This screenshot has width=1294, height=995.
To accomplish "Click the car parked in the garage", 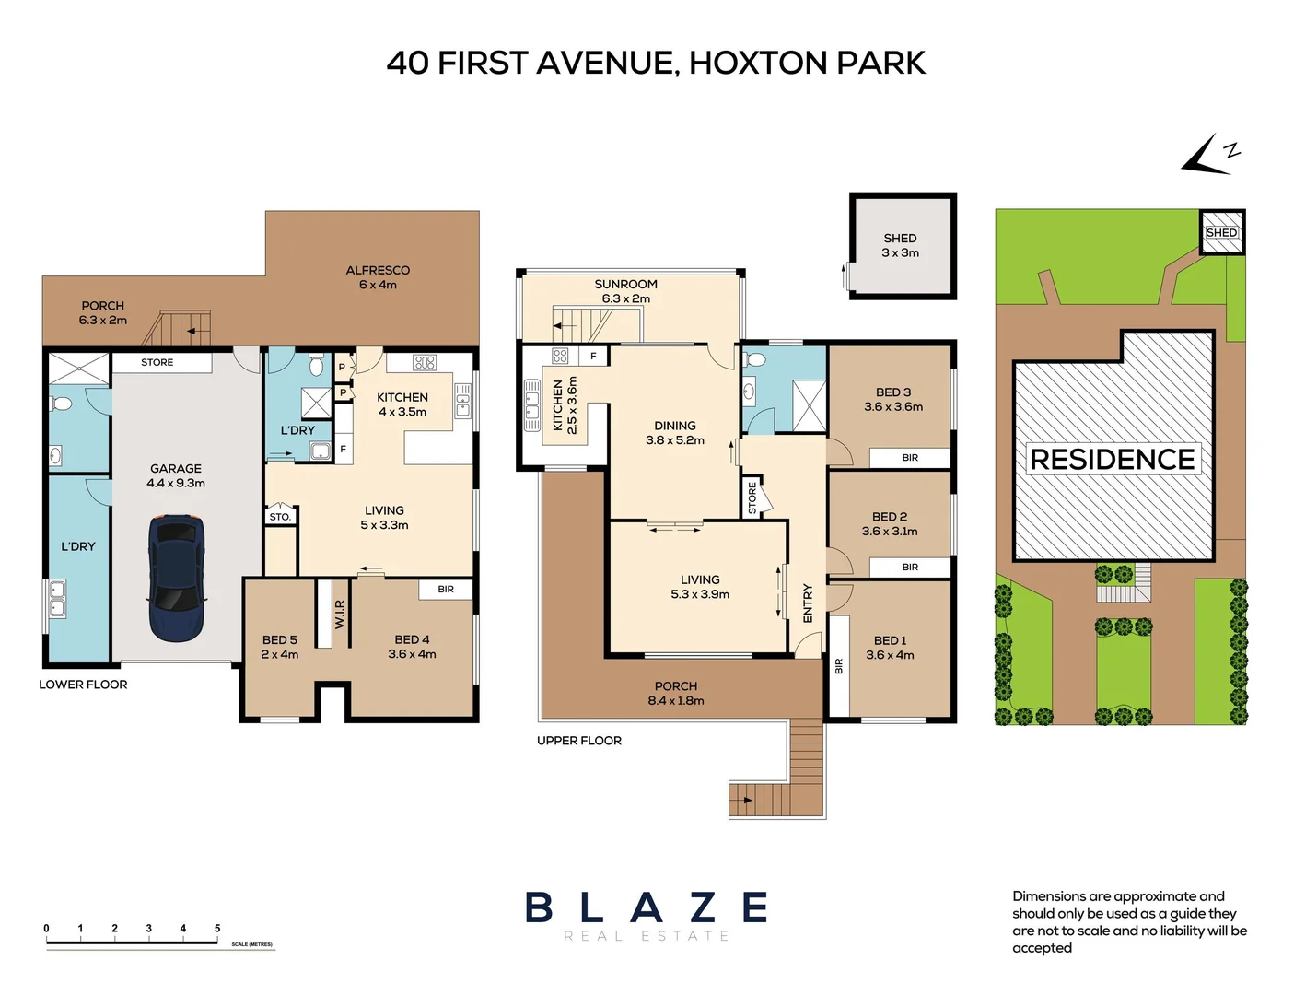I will [x=176, y=579].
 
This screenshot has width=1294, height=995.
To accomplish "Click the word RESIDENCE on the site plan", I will [x=1112, y=459].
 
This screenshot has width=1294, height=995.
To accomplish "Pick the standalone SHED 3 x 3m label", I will [x=900, y=245].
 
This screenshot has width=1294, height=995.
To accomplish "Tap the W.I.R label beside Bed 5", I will [x=339, y=615].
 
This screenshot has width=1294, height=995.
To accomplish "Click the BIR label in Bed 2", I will [x=910, y=568].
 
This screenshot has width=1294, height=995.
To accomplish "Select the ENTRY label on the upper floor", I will [x=808, y=603].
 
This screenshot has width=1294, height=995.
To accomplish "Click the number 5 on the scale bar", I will [x=217, y=929].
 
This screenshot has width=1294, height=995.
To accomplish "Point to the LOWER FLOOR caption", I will [x=83, y=685].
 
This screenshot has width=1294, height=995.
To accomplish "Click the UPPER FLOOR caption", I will [x=579, y=741].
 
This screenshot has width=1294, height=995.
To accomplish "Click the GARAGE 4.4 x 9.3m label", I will [x=176, y=475].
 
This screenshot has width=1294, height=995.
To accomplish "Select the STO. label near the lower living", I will [x=280, y=517].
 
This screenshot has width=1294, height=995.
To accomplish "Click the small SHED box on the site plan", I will [x=1221, y=232].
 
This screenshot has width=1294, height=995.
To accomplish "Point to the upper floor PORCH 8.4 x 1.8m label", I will [x=676, y=693].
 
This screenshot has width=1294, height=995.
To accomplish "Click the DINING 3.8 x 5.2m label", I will [x=675, y=433].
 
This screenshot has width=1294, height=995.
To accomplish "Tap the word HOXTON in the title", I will [x=758, y=63].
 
